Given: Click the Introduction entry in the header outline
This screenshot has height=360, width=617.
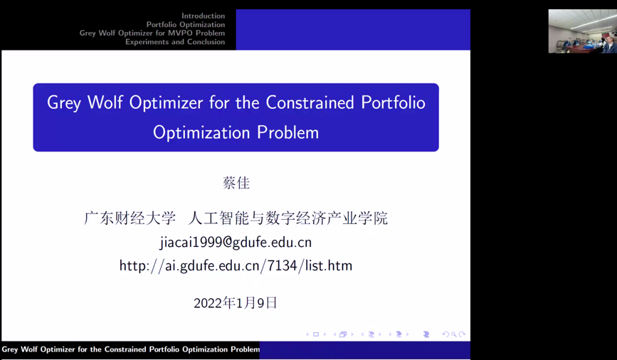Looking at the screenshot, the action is (x=203, y=16).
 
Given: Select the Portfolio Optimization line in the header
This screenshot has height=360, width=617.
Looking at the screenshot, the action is (x=186, y=24).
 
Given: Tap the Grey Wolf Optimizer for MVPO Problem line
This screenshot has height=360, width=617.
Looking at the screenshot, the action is (x=152, y=33).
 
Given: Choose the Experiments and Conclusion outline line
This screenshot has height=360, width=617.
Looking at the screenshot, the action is (x=175, y=42).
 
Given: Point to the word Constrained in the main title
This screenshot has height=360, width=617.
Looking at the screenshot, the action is (x=310, y=102).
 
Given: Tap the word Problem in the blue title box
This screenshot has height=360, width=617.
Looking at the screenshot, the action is (x=288, y=132).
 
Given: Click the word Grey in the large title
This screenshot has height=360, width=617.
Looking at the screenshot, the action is (x=64, y=103).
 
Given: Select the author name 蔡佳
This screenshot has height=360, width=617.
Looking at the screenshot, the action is (x=236, y=183).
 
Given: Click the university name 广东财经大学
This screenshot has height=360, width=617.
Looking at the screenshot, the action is (x=130, y=218).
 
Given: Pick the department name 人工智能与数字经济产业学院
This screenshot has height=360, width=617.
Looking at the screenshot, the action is (x=288, y=218).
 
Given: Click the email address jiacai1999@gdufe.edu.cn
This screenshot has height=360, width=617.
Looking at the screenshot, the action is (x=236, y=243).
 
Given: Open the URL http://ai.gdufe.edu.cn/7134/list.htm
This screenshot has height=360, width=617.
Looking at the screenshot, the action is (x=236, y=266).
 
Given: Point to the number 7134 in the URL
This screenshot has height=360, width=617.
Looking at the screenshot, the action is (x=282, y=266).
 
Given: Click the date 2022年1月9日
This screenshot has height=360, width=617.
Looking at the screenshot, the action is (x=236, y=303).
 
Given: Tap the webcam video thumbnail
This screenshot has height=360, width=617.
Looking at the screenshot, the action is (x=582, y=31).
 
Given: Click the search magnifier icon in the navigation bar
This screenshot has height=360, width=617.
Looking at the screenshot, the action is (x=454, y=334).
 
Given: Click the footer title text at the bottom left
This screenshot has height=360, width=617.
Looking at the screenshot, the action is (x=131, y=349).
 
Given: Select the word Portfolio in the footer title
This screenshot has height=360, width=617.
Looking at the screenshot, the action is (x=165, y=349).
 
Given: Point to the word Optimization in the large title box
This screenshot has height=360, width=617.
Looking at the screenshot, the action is (x=201, y=133).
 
